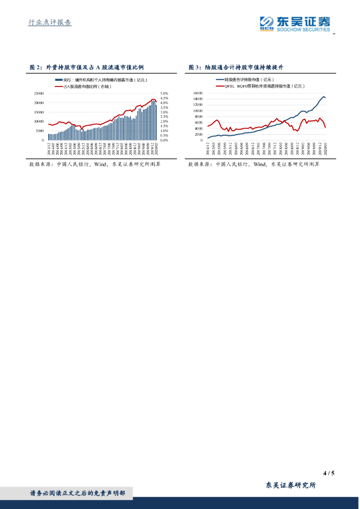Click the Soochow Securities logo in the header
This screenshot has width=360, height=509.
295,23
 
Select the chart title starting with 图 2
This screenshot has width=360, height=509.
87,67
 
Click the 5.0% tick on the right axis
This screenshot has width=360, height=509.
165,93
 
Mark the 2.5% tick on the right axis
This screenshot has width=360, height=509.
165,117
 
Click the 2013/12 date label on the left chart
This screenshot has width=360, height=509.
49,148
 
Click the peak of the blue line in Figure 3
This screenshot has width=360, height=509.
323,96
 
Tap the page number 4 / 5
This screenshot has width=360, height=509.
328,473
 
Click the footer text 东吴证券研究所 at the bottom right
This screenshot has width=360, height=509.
291,486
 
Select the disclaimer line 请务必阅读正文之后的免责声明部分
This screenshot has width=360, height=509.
80,494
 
